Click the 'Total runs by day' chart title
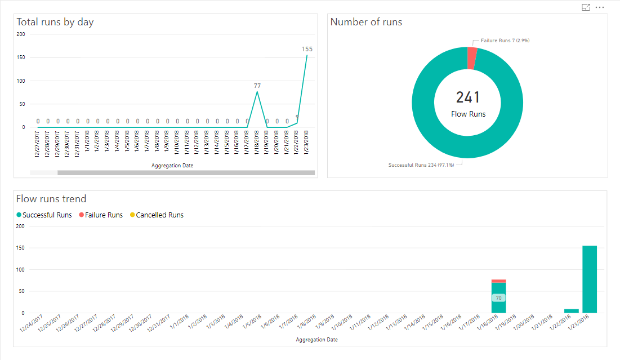point(55,23)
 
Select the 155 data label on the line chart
point(307,49)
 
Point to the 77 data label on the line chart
point(257,86)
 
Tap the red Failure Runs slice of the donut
point(472,58)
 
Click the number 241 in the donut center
point(467,97)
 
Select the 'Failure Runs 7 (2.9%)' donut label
point(505,41)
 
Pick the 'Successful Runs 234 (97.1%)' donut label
point(421,165)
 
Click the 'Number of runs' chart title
point(366,23)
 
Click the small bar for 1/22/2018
point(571,310)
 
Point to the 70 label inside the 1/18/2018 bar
point(498,297)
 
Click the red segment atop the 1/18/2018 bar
point(498,281)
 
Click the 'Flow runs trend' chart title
point(51,199)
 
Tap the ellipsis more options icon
point(600,7)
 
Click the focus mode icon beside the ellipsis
point(586,7)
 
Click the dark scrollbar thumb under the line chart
point(186,172)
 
